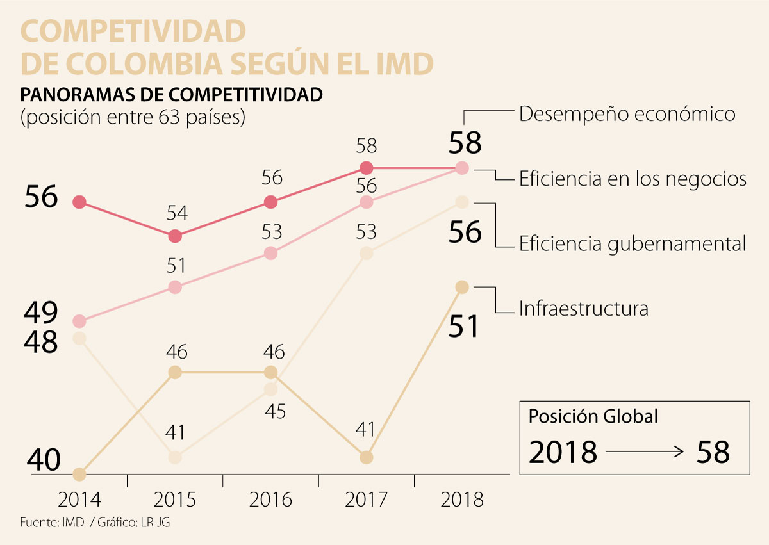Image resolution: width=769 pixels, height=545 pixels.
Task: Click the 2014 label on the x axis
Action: [x=79, y=500]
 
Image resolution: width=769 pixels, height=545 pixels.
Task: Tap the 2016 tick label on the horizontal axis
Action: [x=270, y=500]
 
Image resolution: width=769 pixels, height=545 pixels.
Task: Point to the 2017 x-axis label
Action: [x=366, y=500]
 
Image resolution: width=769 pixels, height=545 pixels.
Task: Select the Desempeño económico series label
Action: [x=627, y=114]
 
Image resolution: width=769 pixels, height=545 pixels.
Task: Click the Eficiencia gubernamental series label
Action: [x=633, y=243]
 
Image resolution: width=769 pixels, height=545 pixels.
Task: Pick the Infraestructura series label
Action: [x=583, y=309]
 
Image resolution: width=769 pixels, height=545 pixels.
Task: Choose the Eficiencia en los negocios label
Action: [x=633, y=179]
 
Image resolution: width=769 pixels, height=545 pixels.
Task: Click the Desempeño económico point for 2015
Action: [x=175, y=236]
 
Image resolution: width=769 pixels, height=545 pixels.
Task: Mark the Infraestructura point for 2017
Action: [x=366, y=457]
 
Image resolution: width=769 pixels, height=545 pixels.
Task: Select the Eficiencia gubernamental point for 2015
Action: [x=175, y=457]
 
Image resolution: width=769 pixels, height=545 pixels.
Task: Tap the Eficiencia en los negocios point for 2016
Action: [x=270, y=253]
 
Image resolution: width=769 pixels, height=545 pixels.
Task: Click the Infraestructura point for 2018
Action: [x=462, y=287]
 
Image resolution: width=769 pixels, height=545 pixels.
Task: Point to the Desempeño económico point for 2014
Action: [x=79, y=202]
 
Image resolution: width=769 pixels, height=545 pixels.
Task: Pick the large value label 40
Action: [x=44, y=460]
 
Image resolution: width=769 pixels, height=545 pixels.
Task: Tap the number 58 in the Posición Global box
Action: [x=712, y=452]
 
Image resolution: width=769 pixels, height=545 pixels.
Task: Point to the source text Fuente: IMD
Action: [x=52, y=522]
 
